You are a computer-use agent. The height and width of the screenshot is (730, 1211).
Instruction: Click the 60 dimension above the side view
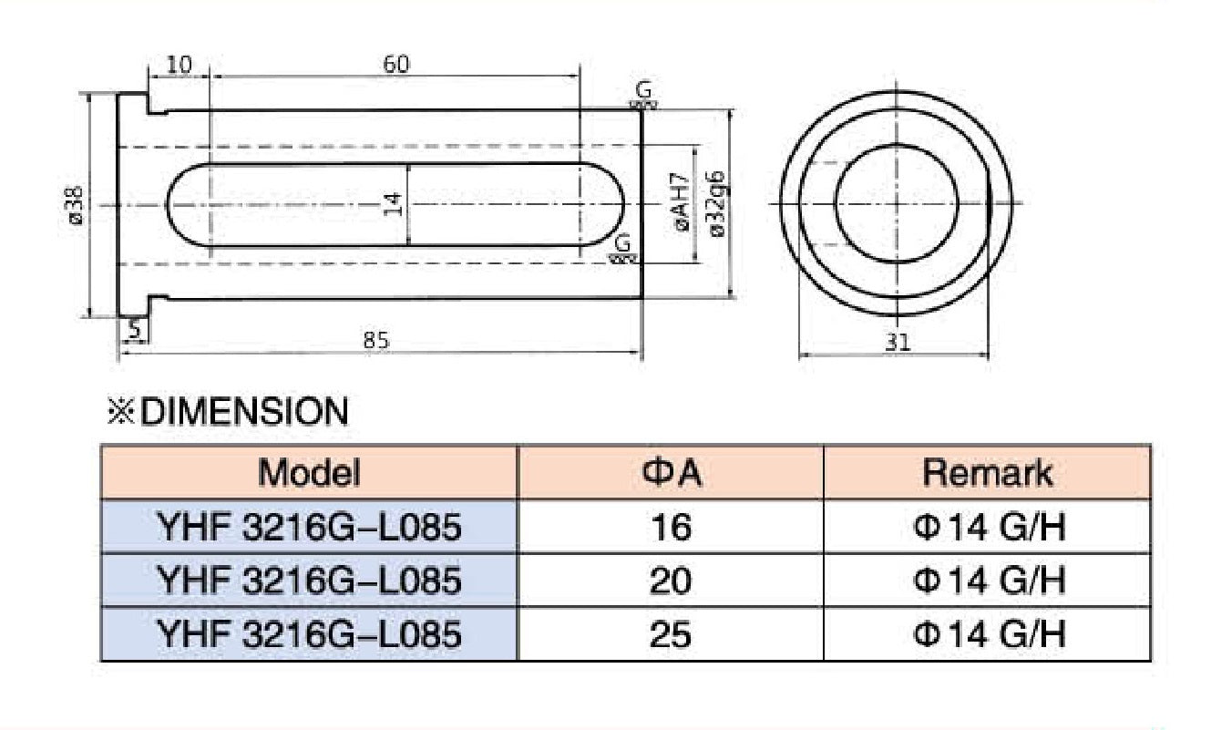pos(396,64)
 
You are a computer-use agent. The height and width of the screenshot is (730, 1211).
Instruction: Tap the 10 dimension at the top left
pos(179,66)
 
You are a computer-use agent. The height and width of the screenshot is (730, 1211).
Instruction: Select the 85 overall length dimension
pos(376,340)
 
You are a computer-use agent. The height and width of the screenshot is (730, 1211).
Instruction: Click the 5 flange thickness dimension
pos(135,329)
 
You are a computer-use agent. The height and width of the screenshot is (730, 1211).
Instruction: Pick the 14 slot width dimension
pos(394,203)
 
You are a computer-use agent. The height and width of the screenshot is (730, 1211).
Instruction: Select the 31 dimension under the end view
pos(898,343)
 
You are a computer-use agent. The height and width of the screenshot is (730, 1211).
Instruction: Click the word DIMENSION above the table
pos(245,413)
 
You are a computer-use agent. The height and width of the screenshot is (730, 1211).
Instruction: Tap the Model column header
pos(309,473)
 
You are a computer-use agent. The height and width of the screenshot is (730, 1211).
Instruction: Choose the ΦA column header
pos(671,473)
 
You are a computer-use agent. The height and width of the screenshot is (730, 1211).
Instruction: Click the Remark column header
pos(987,473)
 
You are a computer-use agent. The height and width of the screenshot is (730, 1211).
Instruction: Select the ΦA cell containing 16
pos(671,527)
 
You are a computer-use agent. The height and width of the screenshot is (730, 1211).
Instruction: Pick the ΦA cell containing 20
pos(671,580)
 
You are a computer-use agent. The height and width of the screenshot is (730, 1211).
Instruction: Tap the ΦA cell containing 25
pos(671,633)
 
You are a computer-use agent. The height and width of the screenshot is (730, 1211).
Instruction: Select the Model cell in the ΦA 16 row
pos(309,527)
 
